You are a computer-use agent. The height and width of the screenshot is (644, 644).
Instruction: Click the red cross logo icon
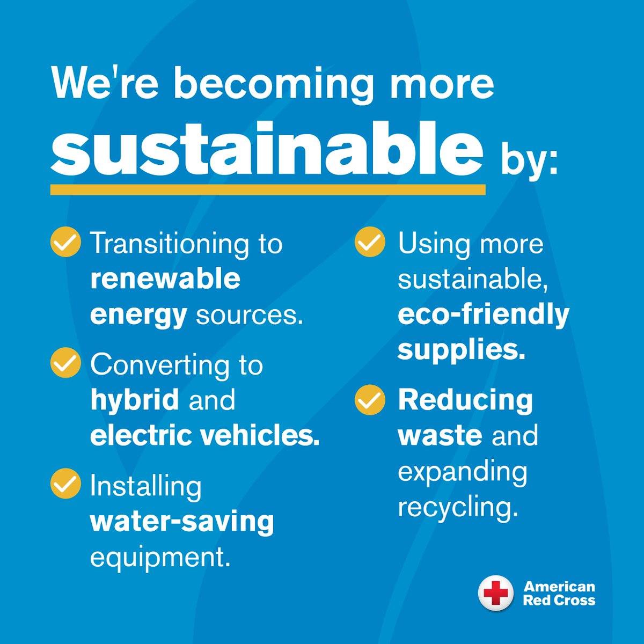(x=495, y=593)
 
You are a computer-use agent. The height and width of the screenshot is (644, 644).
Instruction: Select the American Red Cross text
(x=559, y=593)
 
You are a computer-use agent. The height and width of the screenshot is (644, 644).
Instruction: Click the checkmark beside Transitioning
(x=65, y=243)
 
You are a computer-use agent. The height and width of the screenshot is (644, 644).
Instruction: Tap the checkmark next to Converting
(x=65, y=363)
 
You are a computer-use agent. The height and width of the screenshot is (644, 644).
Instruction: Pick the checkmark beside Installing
(x=65, y=484)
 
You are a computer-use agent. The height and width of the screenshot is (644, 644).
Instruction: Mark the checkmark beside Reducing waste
(x=370, y=400)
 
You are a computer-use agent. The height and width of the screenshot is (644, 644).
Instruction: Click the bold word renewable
(x=165, y=279)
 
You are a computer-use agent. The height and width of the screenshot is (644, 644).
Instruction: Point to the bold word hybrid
(x=134, y=400)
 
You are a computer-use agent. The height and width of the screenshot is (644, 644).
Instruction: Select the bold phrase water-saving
(x=182, y=521)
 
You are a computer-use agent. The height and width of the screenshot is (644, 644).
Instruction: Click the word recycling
(x=458, y=507)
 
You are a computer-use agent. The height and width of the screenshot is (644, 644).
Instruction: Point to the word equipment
(x=160, y=558)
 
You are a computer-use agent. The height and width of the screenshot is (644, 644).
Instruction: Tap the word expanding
(x=463, y=472)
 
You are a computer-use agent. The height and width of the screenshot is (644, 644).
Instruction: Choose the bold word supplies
(x=461, y=349)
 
